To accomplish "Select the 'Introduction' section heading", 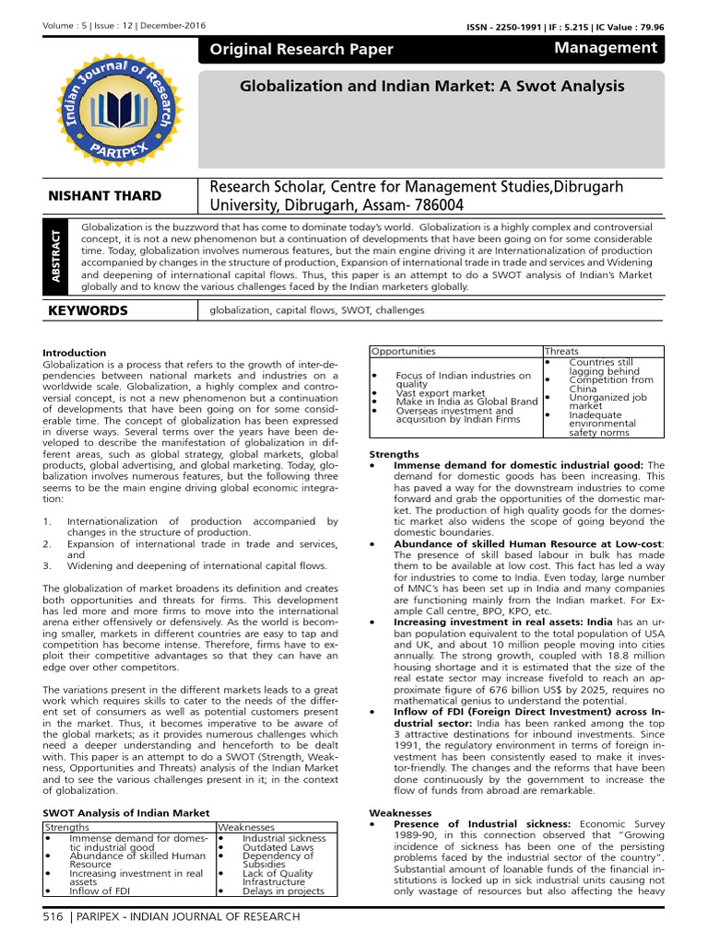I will click(x=75, y=353).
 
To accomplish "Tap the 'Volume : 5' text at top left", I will click(x=62, y=29).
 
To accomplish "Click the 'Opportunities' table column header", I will click(x=403, y=351).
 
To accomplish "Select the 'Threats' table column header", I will click(x=562, y=351).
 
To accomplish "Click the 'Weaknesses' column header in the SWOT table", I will click(x=246, y=827).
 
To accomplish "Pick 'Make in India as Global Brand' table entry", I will click(x=466, y=402).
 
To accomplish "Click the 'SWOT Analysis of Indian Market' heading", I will click(x=127, y=813).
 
